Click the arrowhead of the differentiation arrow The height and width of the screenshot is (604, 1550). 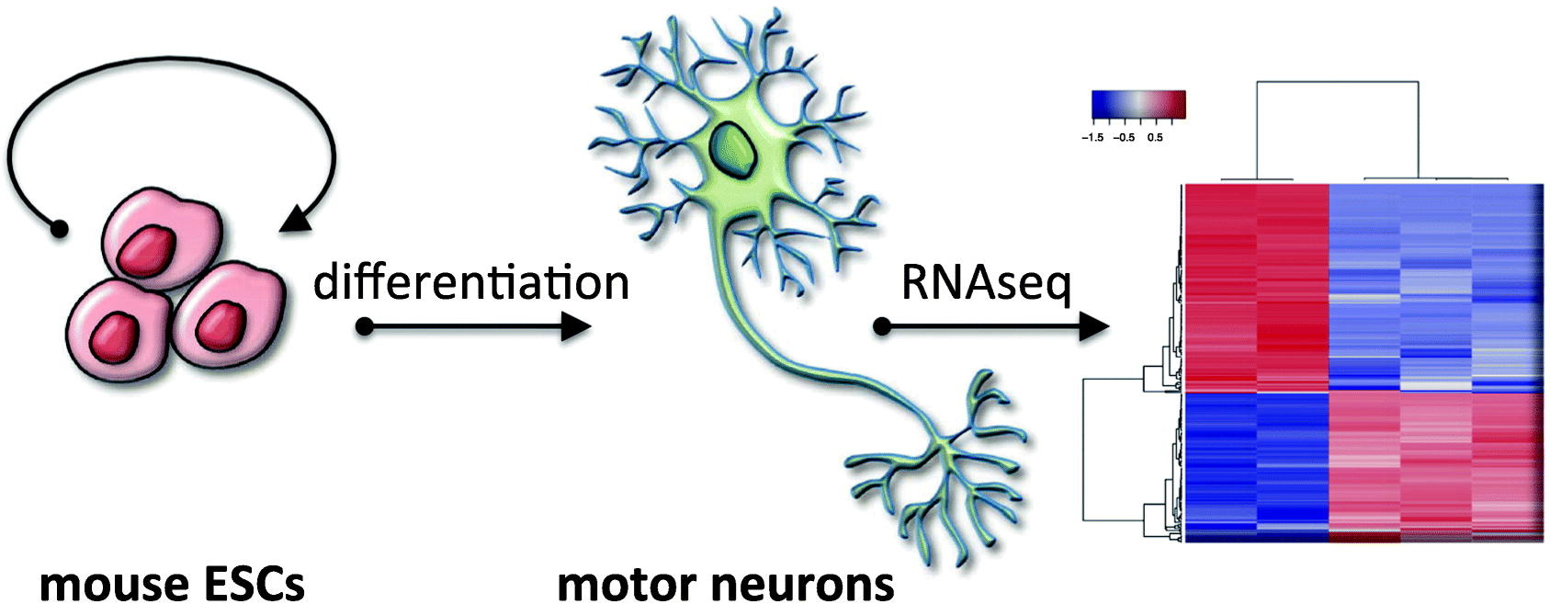pos(575,326)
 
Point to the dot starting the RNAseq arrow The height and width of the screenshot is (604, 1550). pos(882,326)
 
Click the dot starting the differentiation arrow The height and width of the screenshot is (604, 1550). pos(365,326)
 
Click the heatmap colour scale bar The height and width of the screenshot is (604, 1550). pos(1138,105)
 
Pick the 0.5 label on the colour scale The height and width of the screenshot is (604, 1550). pos(1155,138)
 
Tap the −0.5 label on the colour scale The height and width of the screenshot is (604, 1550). pos(1124,138)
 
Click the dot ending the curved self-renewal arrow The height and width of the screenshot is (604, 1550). pos(59,227)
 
